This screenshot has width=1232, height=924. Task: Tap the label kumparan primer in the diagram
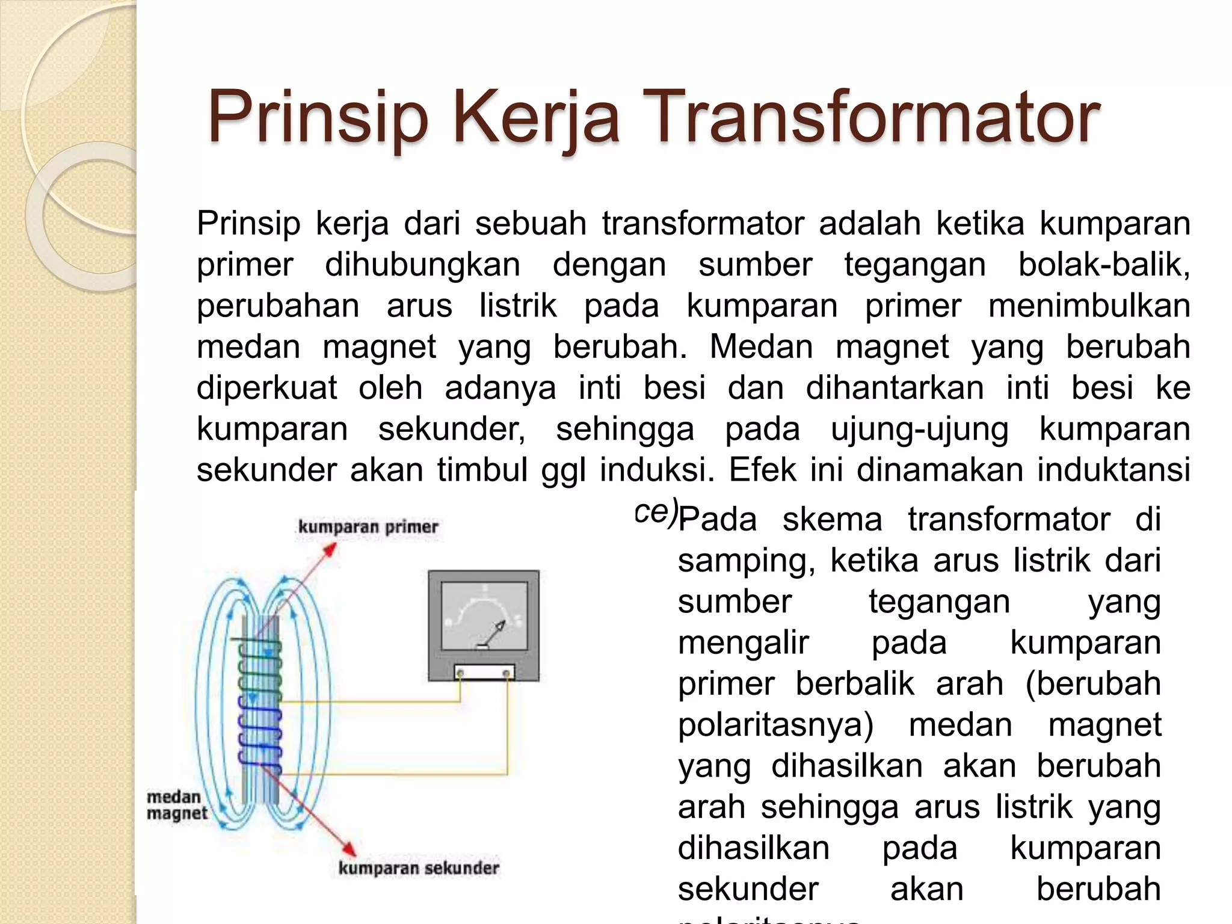point(368,527)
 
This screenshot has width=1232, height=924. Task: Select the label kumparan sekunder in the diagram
point(419,868)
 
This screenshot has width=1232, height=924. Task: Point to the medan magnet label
point(176,805)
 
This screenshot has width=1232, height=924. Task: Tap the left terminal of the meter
point(460,673)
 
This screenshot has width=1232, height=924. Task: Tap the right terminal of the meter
point(507,673)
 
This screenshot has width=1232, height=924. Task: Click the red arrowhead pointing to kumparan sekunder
point(348,848)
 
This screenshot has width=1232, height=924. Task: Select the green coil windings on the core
point(260,668)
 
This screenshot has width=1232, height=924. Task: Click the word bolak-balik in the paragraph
point(1103,265)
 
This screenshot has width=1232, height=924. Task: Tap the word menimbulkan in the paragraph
point(1089,306)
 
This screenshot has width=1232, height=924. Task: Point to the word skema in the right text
point(831,519)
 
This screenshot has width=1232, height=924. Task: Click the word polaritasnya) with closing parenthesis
point(775,725)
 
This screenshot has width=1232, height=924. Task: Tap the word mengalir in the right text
point(743,642)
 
